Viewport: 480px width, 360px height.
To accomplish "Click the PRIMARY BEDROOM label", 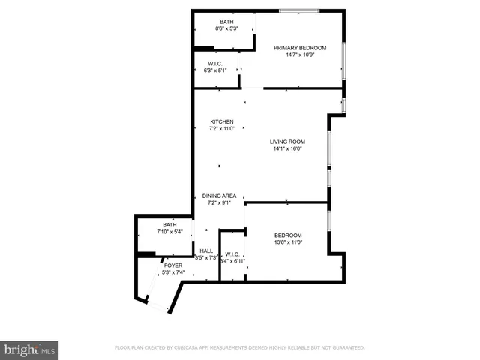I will [300, 47].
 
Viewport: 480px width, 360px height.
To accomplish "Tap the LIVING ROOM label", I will [288, 141].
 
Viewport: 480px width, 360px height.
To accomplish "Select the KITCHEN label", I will [221, 121].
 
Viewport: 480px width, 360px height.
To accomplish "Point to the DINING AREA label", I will [219, 196].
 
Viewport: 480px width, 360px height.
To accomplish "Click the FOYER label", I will [173, 265].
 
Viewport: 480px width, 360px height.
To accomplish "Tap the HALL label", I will [206, 250].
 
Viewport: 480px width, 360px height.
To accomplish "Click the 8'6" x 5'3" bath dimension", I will [226, 28].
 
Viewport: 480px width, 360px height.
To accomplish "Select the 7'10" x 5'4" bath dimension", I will [170, 232].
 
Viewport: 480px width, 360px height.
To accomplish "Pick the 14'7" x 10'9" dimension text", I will [300, 55].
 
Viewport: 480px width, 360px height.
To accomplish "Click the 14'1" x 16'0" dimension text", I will [288, 148].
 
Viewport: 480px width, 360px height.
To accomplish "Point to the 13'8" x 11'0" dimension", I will [288, 242].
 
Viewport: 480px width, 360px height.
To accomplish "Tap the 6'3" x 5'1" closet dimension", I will [215, 70].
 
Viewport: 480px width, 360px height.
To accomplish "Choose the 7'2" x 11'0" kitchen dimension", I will [221, 129].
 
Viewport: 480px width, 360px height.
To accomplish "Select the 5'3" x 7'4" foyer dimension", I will [173, 272].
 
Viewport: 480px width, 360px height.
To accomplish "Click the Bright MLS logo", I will [29, 349].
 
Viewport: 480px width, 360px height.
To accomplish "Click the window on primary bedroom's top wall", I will [299, 10].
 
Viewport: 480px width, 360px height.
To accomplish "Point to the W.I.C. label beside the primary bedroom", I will [215, 63].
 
